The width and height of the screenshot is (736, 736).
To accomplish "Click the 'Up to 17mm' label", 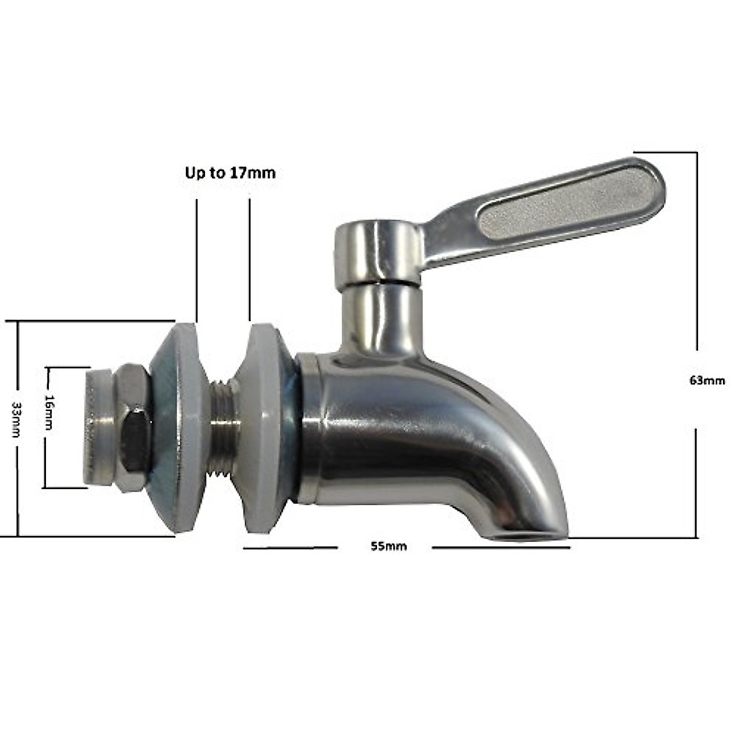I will pyautogui.click(x=230, y=174).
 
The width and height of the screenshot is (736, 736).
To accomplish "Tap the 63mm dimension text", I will pyautogui.click(x=707, y=380).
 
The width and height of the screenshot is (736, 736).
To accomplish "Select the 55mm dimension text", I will pyautogui.click(x=388, y=546).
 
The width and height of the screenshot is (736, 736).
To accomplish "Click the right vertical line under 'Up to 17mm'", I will pyautogui.click(x=249, y=258).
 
